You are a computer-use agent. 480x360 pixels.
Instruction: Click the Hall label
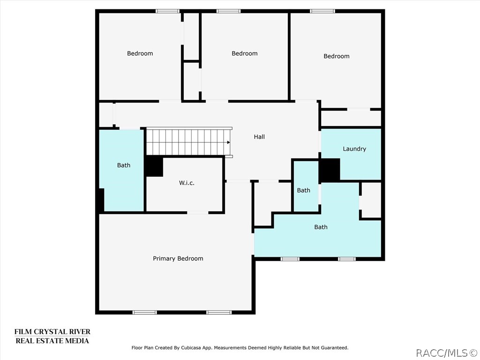(x=259, y=137)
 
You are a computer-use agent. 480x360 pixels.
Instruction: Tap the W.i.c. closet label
(x=187, y=183)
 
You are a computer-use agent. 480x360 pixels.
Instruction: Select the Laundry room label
(x=354, y=149)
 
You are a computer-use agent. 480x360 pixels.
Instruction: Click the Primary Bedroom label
(x=178, y=259)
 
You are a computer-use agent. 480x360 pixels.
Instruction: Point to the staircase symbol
(x=187, y=142)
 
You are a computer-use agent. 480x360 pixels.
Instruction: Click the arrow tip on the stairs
(x=229, y=142)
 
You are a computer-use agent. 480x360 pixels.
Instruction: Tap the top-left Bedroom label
(x=140, y=53)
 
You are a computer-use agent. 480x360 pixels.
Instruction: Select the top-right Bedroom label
(x=337, y=56)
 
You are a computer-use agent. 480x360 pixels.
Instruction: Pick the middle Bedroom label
(x=245, y=53)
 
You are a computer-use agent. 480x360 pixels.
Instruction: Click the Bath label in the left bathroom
(x=124, y=165)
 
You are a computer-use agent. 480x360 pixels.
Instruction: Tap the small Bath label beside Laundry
(x=304, y=190)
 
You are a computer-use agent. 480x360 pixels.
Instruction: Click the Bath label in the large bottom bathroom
(x=321, y=227)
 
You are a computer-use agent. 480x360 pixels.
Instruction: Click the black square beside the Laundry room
(x=330, y=170)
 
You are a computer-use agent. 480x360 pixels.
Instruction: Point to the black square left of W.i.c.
(x=154, y=166)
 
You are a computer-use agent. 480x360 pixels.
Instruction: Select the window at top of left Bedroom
(x=168, y=11)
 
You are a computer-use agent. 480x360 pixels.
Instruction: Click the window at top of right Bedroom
(x=322, y=11)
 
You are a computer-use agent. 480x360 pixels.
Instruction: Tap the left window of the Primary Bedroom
(x=145, y=312)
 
